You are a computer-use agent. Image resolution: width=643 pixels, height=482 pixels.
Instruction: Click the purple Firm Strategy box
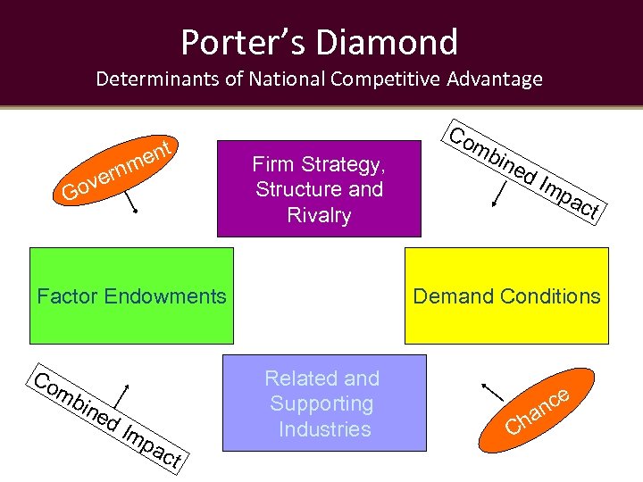point(319,188)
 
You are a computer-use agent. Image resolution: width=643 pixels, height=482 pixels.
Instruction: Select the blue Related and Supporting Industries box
point(323,403)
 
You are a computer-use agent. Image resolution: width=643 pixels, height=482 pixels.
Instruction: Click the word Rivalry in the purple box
point(319,215)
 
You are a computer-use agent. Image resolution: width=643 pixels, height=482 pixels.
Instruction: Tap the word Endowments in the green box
point(169,296)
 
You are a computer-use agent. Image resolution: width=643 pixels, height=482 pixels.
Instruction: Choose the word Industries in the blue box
point(323,429)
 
